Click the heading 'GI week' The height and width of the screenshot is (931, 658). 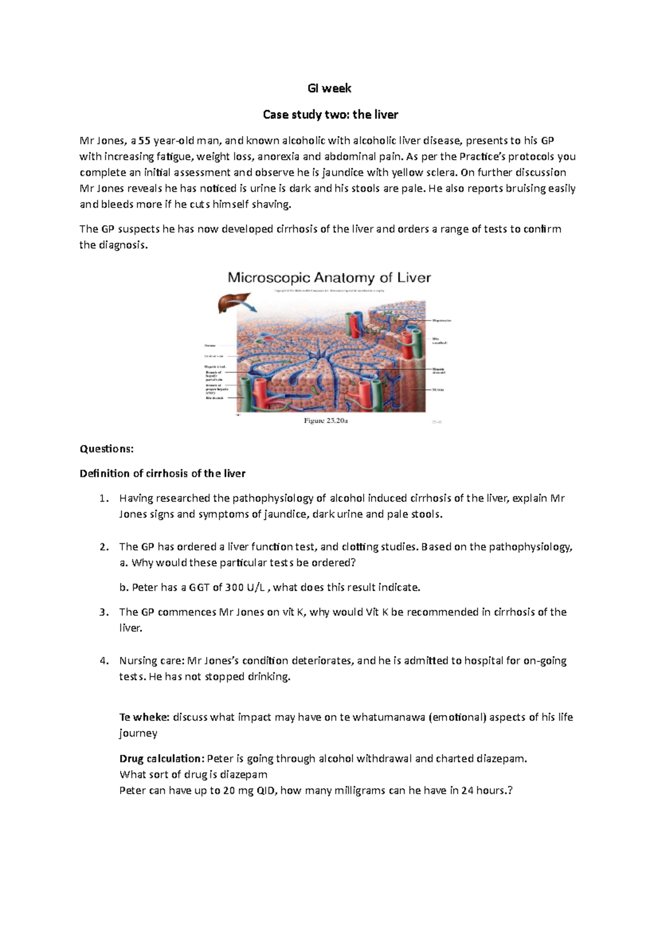click(329, 88)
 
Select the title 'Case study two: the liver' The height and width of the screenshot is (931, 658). click(330, 115)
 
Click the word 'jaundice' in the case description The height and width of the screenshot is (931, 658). click(346, 173)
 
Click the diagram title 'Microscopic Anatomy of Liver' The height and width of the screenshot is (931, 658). click(329, 277)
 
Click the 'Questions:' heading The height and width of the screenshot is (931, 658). click(106, 449)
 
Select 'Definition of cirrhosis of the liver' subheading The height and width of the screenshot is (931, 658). click(162, 473)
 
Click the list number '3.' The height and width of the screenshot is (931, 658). click(104, 612)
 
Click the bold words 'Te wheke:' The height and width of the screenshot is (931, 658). click(144, 717)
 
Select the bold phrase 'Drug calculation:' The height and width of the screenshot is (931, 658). click(162, 759)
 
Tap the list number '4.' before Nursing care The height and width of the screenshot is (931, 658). click(104, 661)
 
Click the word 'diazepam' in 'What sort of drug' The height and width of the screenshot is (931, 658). click(243, 775)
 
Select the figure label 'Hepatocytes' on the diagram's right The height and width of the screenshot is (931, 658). click(441, 320)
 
